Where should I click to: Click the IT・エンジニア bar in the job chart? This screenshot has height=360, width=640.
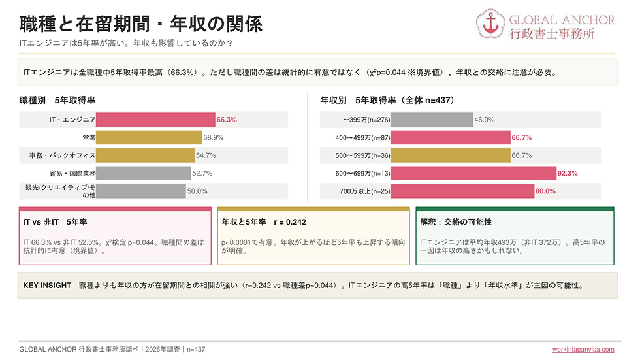point(155,120)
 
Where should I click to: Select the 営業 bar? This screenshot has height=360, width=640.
point(149,138)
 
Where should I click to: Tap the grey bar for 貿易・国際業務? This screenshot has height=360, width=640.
point(143,174)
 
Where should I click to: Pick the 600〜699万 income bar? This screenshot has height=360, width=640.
point(473,174)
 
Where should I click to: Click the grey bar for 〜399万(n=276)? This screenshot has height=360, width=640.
point(432,120)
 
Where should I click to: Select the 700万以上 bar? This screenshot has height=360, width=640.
point(462,191)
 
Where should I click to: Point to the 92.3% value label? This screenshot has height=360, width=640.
point(568,174)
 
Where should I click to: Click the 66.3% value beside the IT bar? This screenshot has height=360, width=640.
point(227,120)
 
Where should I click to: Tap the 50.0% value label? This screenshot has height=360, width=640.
point(197,191)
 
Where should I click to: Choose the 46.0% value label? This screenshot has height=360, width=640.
point(485,120)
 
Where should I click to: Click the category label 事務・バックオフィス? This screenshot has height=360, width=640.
point(63,155)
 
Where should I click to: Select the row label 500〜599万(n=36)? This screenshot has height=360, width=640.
point(363,155)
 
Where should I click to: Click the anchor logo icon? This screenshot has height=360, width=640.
point(490,24)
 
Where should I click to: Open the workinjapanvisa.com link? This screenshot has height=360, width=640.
point(583,350)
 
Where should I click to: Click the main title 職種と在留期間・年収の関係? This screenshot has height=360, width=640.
point(141,24)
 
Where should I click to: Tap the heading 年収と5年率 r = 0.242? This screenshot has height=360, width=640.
point(264,222)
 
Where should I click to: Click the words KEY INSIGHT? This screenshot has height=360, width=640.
point(47,286)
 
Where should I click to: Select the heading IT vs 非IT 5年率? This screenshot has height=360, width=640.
point(55,222)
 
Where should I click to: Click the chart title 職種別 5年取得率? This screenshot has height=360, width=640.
point(57,101)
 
